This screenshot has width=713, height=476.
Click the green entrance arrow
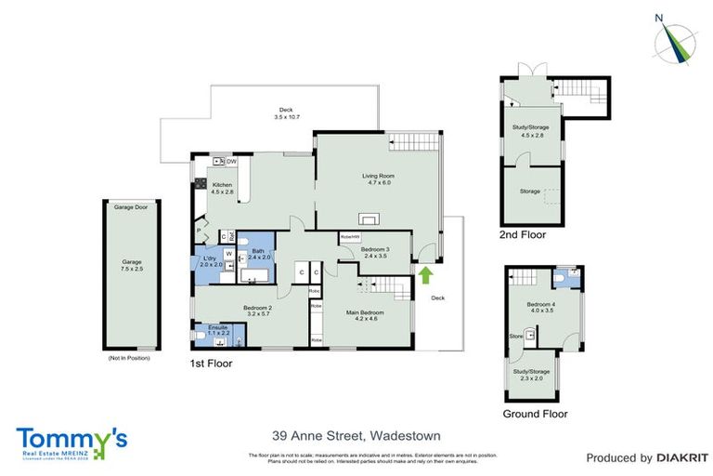(426, 274)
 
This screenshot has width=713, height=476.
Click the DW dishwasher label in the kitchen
(230, 161)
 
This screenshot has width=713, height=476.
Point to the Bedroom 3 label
(376, 252)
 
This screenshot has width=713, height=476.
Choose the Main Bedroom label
(365, 315)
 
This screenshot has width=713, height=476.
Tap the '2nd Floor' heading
(522, 236)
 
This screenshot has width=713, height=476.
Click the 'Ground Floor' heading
(535, 414)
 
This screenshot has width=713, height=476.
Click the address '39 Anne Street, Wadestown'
(356, 435)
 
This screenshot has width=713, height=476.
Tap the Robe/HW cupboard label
(350, 238)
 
